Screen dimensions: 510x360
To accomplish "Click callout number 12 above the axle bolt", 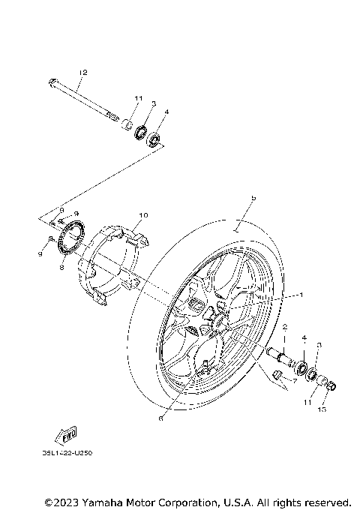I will [x=82, y=72].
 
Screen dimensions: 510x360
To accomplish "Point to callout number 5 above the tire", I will [x=253, y=197].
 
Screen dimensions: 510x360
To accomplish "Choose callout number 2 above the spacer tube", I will [x=284, y=326].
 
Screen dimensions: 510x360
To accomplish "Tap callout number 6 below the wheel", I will [x=160, y=418].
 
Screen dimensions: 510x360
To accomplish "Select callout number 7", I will [x=294, y=381].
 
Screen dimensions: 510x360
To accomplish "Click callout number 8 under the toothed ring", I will [x=61, y=265].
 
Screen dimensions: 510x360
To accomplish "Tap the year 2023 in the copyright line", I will [x=70, y=502].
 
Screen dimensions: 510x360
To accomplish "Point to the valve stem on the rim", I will [x=205, y=367].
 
